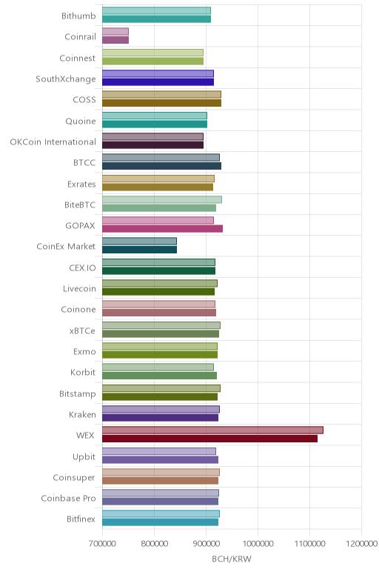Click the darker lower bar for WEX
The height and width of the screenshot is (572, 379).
[x=209, y=439]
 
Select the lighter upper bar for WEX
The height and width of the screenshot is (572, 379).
[x=212, y=430]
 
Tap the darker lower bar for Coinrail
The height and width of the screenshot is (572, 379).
[x=115, y=40]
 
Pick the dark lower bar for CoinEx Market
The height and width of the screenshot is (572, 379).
[x=139, y=250]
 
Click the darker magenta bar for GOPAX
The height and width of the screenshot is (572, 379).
[x=162, y=229]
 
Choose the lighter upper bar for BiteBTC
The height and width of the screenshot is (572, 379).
[x=162, y=199]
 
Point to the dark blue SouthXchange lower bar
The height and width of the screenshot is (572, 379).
[x=158, y=82]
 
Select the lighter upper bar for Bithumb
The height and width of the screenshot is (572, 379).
[x=156, y=10]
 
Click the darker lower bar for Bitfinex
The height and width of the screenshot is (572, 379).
[x=160, y=522]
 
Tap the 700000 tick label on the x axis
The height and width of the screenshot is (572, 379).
[x=102, y=544]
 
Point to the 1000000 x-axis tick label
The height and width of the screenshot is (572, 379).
[x=258, y=544]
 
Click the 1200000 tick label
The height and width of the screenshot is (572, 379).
[x=362, y=544]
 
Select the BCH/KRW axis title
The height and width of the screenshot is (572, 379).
[x=232, y=559]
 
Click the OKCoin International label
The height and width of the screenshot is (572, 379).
[x=53, y=142]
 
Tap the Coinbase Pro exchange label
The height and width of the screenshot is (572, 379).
[x=69, y=499]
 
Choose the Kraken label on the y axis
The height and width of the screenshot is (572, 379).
[x=82, y=414]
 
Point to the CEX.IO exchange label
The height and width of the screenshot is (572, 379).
[x=82, y=267]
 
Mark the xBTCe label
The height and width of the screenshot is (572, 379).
[x=82, y=330]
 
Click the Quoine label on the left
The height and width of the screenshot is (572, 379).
[x=81, y=121]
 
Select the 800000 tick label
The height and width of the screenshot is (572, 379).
[x=154, y=544]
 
